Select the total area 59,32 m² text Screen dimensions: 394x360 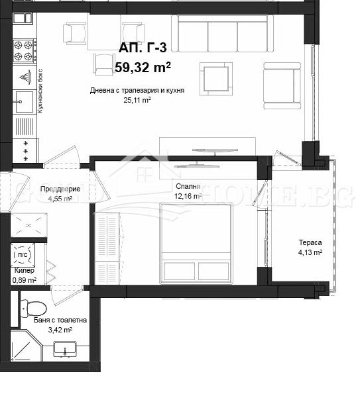[x=143, y=67]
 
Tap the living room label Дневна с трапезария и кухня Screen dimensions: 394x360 [x=137, y=91]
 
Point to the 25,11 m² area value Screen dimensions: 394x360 [x=137, y=101]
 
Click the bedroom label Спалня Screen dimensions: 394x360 [x=188, y=187]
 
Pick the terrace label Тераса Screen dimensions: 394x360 [x=309, y=242]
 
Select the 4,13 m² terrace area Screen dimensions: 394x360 [x=309, y=252]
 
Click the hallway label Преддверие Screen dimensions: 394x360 [x=60, y=189]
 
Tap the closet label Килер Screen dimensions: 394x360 [x=24, y=270]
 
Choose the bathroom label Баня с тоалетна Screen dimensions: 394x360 [x=60, y=320]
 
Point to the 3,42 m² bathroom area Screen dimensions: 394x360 [x=60, y=329]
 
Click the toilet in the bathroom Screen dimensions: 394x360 [x=32, y=307]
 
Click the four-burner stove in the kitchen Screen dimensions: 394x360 [x=24, y=50]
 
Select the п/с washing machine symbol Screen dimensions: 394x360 [x=23, y=254]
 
